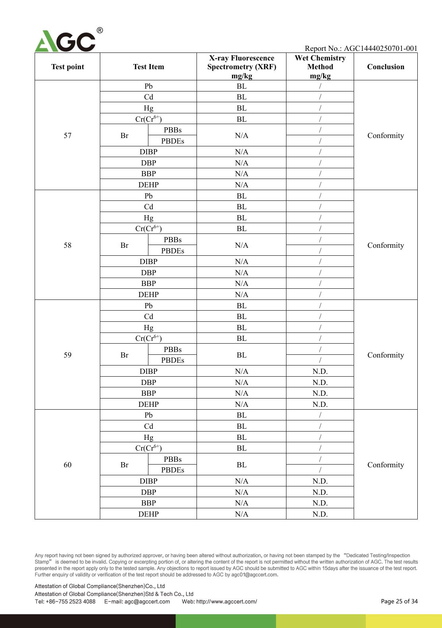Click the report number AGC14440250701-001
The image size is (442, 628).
[380, 49]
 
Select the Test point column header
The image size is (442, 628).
[68, 67]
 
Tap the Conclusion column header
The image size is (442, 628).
[386, 67]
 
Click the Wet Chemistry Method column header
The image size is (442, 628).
[320, 67]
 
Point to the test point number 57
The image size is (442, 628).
[68, 136]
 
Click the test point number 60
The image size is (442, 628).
[68, 465]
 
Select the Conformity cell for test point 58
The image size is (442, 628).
[386, 245]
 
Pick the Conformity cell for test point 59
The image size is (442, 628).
[386, 355]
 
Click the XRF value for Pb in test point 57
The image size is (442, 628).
[241, 86]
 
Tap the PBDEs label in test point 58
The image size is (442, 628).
[173, 251]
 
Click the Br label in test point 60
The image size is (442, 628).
[125, 465]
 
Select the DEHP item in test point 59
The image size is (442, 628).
[148, 404]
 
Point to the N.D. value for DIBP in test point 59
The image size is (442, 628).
[320, 371]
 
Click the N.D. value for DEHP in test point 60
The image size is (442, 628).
[320, 514]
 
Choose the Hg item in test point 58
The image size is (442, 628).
[148, 218]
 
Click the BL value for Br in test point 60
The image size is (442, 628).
[241, 465]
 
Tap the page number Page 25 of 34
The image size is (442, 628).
[399, 601]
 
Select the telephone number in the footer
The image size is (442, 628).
[65, 601]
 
